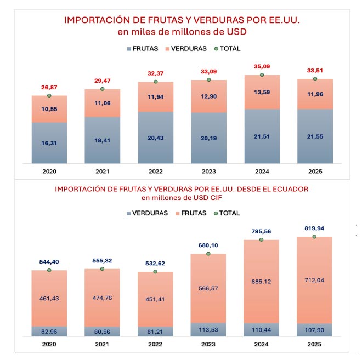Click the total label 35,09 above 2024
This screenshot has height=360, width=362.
(x=262, y=66)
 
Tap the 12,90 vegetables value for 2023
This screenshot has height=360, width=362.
(x=208, y=96)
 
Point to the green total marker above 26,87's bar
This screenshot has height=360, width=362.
(x=49, y=95)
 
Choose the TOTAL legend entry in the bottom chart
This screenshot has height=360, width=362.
(x=226, y=213)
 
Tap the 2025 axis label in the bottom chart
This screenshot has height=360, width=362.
(x=315, y=345)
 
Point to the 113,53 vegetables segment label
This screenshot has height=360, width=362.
(x=208, y=330)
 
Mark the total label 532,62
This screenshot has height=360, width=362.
(x=155, y=263)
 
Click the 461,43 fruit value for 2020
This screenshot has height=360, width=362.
(x=49, y=299)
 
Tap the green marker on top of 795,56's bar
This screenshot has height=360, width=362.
(x=262, y=239)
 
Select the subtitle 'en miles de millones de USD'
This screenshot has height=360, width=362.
(x=182, y=32)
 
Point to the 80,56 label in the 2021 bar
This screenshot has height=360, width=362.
(x=102, y=332)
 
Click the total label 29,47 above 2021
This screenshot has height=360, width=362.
(x=102, y=80)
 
